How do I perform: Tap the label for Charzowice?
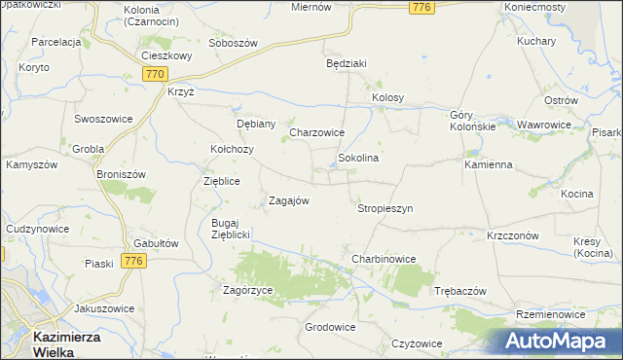[x=317, y=132]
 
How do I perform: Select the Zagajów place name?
[x=288, y=200]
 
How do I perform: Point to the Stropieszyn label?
[x=385, y=208]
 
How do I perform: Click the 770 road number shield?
[x=155, y=73]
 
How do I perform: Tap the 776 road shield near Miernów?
[x=421, y=8]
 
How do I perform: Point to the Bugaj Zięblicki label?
[x=232, y=229]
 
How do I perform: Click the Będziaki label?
[x=346, y=64]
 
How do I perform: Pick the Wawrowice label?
[x=544, y=126]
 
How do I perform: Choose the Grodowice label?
[x=329, y=327]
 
